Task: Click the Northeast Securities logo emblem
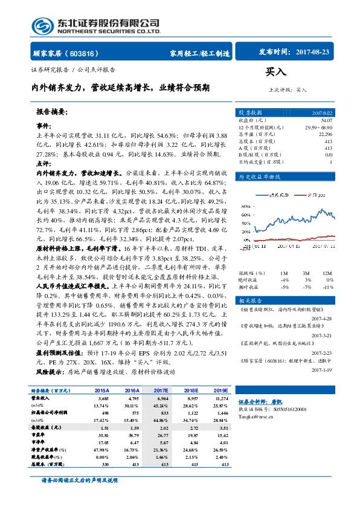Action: click(x=42, y=25)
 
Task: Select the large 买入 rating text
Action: click(x=276, y=72)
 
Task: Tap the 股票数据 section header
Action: click(x=250, y=113)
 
